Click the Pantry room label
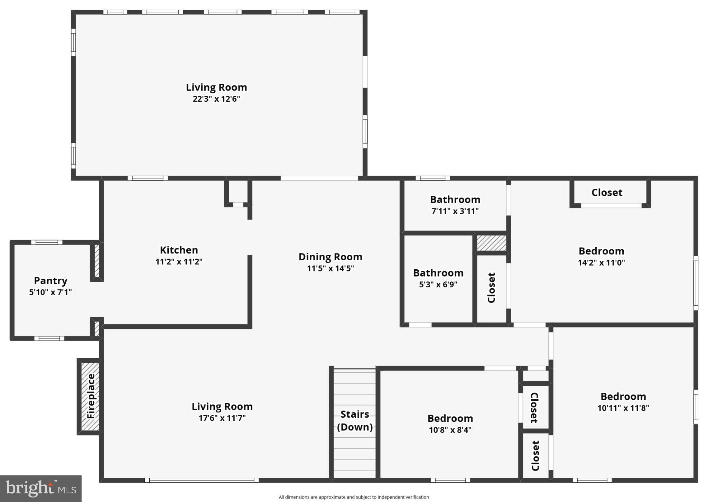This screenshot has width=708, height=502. (x=50, y=281)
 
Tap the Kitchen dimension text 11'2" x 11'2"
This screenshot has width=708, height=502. (x=179, y=262)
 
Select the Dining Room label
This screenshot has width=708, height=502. (x=330, y=257)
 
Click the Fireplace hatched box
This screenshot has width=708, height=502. (x=90, y=396)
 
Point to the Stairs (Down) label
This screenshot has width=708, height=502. (x=355, y=420)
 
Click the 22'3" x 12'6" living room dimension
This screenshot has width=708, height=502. (x=216, y=99)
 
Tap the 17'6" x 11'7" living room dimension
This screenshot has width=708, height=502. (x=222, y=418)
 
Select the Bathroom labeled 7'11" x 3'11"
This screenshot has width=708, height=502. (x=455, y=199)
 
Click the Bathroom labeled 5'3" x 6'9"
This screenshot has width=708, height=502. (x=438, y=273)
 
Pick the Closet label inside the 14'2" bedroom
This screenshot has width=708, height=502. (x=607, y=193)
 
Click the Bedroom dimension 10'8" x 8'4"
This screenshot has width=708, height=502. (x=450, y=430)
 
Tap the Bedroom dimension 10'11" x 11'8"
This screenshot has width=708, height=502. (x=623, y=408)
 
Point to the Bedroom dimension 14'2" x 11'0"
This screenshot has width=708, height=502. (x=601, y=262)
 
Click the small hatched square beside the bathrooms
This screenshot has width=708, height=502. (x=491, y=243)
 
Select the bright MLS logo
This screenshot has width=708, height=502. (x=41, y=489)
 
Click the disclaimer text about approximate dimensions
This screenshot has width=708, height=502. (x=354, y=497)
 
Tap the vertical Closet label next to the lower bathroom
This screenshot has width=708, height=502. (x=491, y=288)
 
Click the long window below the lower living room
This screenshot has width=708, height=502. (x=202, y=480)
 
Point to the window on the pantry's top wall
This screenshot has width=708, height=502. (x=47, y=242)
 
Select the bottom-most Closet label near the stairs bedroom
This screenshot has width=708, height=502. (x=535, y=456)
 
